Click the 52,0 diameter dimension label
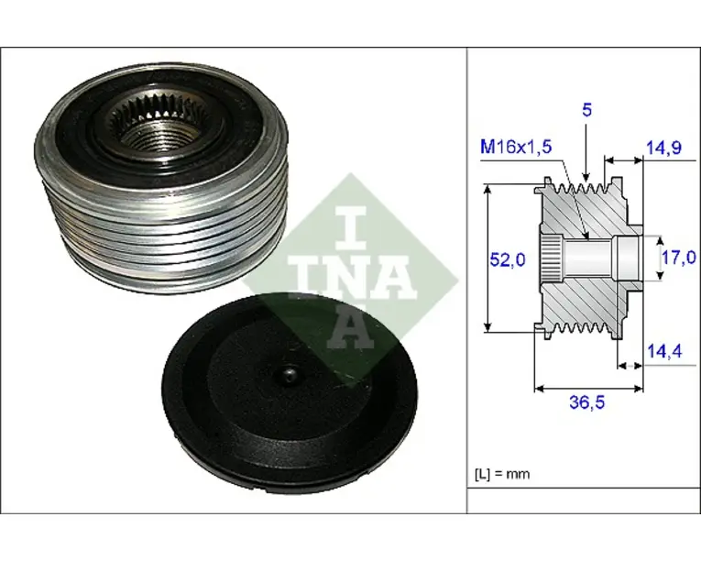coord(508,259)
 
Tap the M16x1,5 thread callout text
coord(516,147)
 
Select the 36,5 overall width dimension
coord(586,402)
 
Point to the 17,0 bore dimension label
coord(679,258)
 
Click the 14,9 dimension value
coord(664,147)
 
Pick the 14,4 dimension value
coord(664,351)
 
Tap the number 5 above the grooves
coord(586,110)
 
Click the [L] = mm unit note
coord(501,474)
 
